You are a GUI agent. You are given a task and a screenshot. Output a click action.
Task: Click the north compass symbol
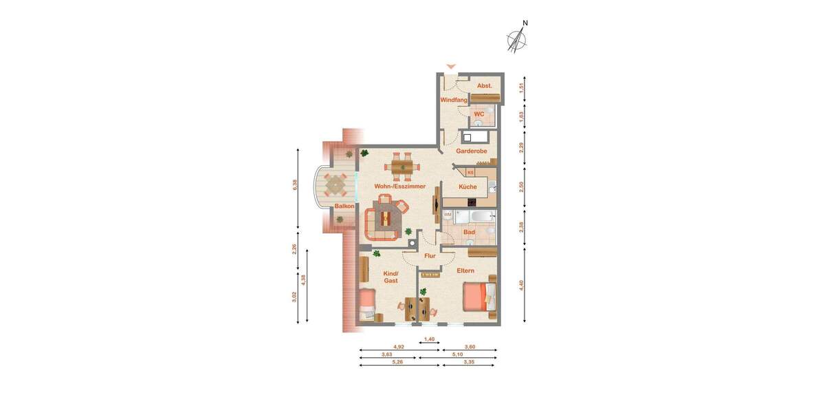(518, 41)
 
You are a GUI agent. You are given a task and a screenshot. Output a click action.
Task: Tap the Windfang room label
(453, 100)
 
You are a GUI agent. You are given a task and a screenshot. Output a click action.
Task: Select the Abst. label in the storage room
(485, 85)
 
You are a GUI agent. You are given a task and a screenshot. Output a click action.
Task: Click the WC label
(478, 114)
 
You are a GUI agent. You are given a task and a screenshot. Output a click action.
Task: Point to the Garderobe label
(472, 151)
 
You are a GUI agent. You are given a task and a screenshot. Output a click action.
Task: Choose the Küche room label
(467, 187)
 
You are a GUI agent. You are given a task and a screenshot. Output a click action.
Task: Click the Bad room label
(470, 232)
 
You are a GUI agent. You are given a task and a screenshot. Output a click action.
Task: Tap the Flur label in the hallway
(430, 256)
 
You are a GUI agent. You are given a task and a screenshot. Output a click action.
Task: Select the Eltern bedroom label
(465, 271)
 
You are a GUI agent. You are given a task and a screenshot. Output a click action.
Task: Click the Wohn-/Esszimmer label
(399, 186)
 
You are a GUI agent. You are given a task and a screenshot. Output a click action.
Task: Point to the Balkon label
(344, 206)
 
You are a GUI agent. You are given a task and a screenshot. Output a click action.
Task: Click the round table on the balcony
(336, 184)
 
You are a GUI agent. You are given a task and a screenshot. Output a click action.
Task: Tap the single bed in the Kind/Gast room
(367, 304)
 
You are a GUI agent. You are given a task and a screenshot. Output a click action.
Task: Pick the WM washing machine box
(448, 215)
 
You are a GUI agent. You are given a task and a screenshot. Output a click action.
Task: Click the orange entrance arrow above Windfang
(450, 66)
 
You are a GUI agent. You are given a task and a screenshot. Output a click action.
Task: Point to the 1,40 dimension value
(430, 339)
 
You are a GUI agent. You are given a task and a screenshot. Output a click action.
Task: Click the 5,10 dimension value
(457, 354)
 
